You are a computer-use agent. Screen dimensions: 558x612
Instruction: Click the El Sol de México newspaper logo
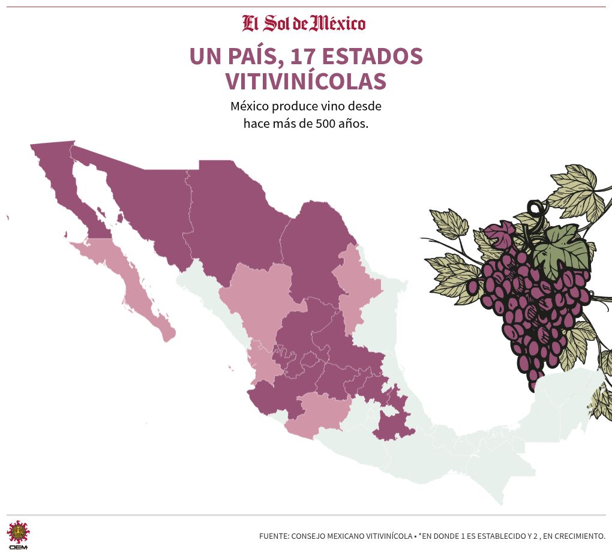click(304, 23)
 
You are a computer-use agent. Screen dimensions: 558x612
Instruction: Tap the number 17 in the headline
click(304, 56)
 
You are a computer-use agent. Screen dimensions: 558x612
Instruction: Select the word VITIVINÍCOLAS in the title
click(305, 81)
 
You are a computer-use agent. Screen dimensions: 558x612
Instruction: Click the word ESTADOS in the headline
click(373, 56)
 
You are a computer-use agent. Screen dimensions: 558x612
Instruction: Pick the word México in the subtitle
click(249, 106)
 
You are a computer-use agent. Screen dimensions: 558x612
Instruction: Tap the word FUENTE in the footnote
click(273, 536)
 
